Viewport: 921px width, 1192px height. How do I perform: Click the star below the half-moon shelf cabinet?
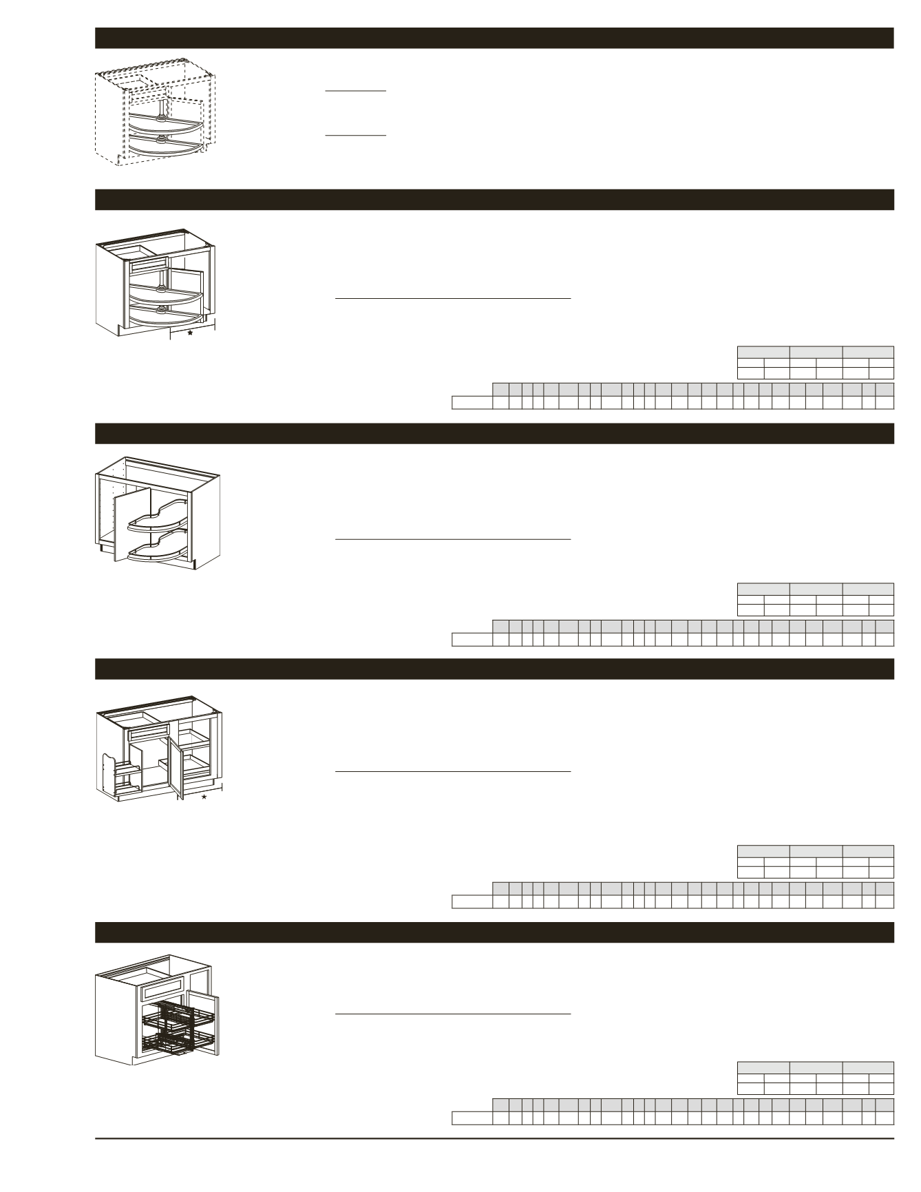(x=190, y=333)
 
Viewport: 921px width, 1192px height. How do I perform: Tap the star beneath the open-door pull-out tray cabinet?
(x=204, y=797)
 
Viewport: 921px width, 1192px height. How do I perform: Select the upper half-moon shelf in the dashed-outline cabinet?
(x=165, y=124)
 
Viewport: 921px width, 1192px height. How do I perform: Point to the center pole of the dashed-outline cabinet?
(x=161, y=107)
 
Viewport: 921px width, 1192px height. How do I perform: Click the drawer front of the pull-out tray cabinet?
(x=149, y=733)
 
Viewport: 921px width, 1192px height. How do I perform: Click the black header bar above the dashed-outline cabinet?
(x=494, y=38)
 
